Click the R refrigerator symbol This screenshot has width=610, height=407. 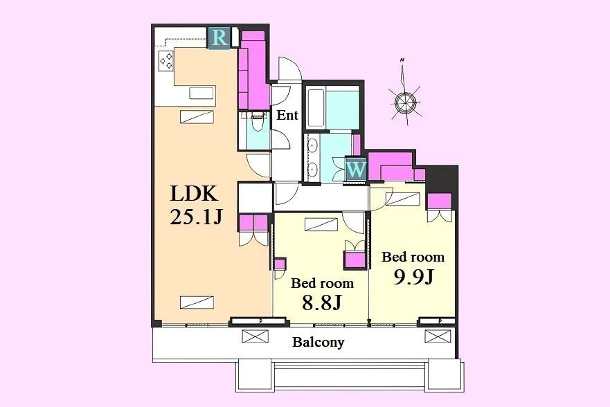point(219,38)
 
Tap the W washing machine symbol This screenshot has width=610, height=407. point(357,169)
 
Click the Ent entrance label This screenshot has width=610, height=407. point(287,115)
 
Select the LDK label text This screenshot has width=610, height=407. point(194,193)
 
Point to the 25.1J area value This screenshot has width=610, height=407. point(196,217)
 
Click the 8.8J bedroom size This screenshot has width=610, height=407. point(322,302)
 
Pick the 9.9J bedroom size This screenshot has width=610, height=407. point(413,277)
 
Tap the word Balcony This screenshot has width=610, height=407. point(319,343)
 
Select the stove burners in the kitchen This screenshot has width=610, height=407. point(166,62)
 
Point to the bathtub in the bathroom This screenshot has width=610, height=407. point(316,108)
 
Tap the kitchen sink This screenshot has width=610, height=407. point(201,93)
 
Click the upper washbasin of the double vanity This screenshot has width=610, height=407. point(312,145)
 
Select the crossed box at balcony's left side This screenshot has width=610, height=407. point(255,336)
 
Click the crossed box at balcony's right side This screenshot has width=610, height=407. point(438,336)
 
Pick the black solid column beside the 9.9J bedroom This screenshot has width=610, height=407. point(442,179)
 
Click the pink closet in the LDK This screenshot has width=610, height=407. point(253,70)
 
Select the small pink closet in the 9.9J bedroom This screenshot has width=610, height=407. point(440,201)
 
